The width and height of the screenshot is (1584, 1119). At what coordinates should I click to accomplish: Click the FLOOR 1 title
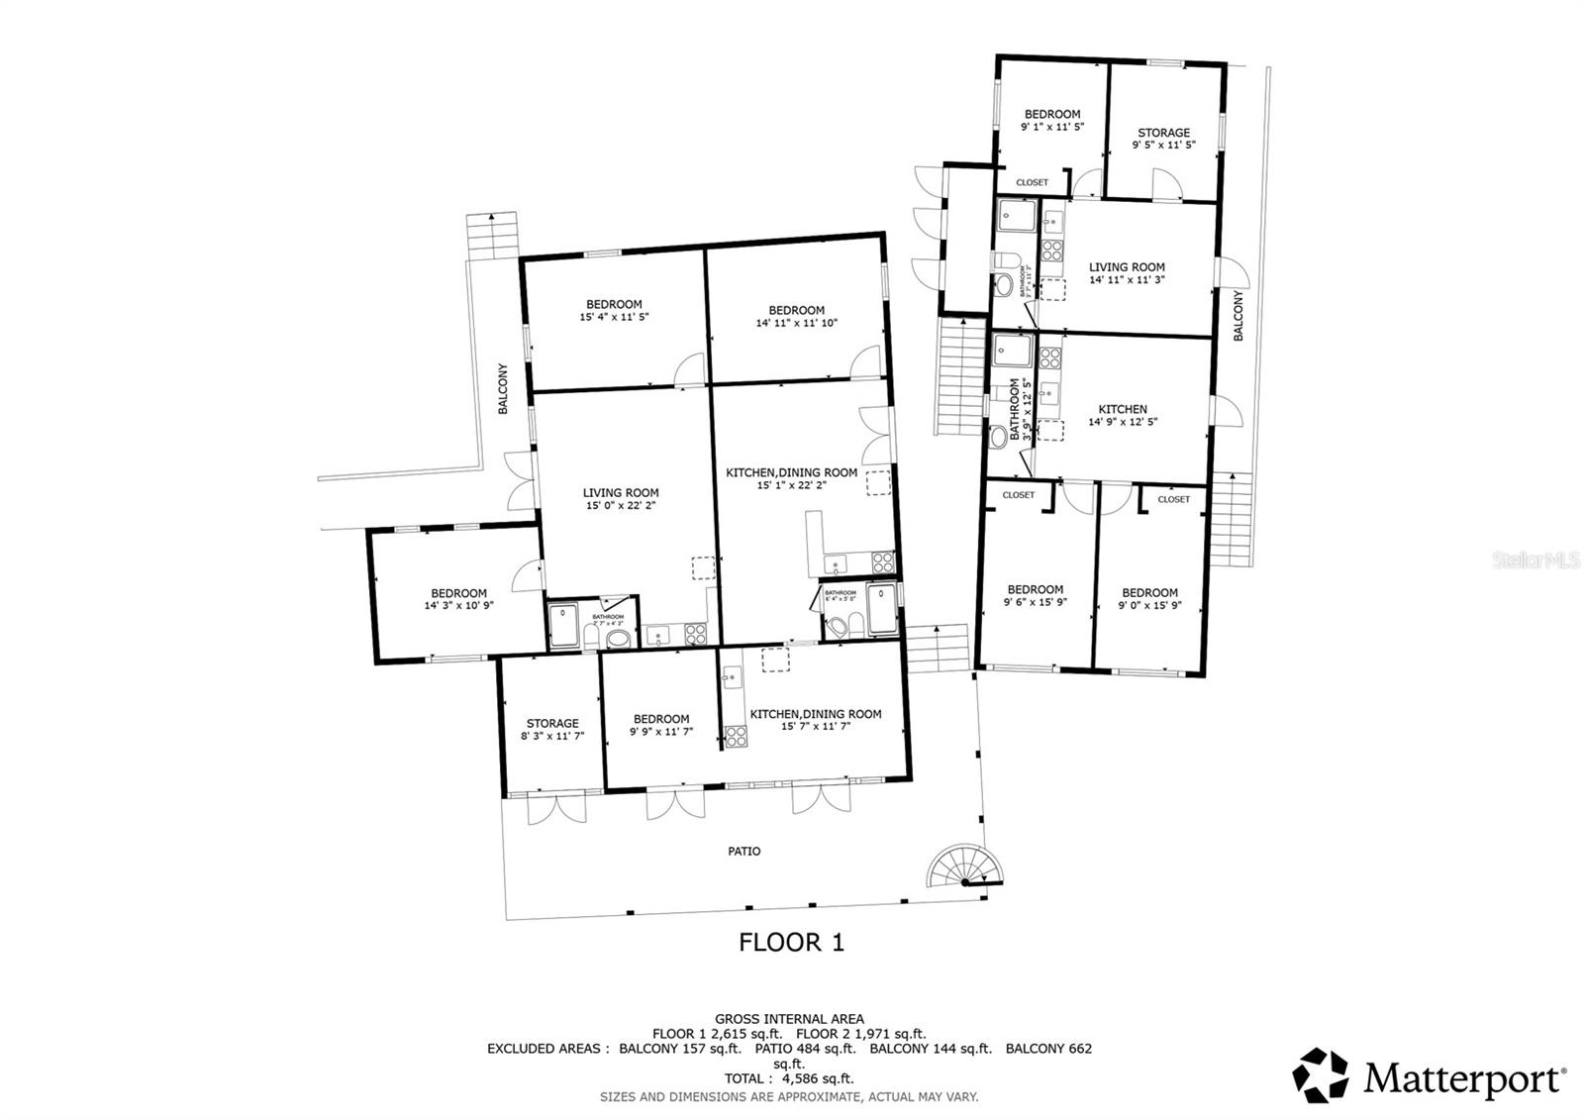point(791,942)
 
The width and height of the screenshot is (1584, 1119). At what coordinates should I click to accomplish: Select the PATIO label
point(743,851)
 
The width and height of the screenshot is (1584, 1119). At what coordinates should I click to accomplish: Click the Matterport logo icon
point(1322,1075)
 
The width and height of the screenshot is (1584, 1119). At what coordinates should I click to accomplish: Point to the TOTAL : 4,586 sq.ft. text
point(789,1078)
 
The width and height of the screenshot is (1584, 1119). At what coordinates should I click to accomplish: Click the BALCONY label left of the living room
point(503,389)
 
